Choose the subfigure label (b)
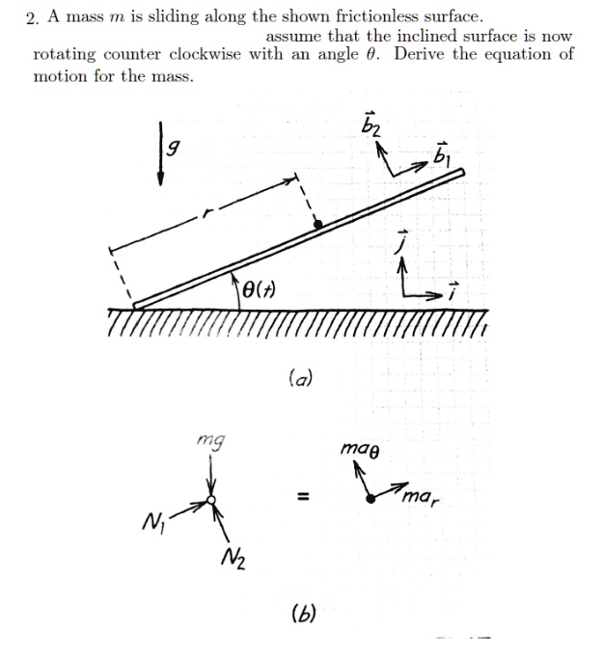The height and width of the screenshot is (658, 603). click(302, 612)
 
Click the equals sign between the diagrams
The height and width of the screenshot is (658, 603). click(303, 498)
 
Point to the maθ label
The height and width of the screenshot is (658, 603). click(361, 449)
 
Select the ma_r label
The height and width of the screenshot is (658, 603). click(421, 498)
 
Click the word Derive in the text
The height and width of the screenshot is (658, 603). click(422, 54)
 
